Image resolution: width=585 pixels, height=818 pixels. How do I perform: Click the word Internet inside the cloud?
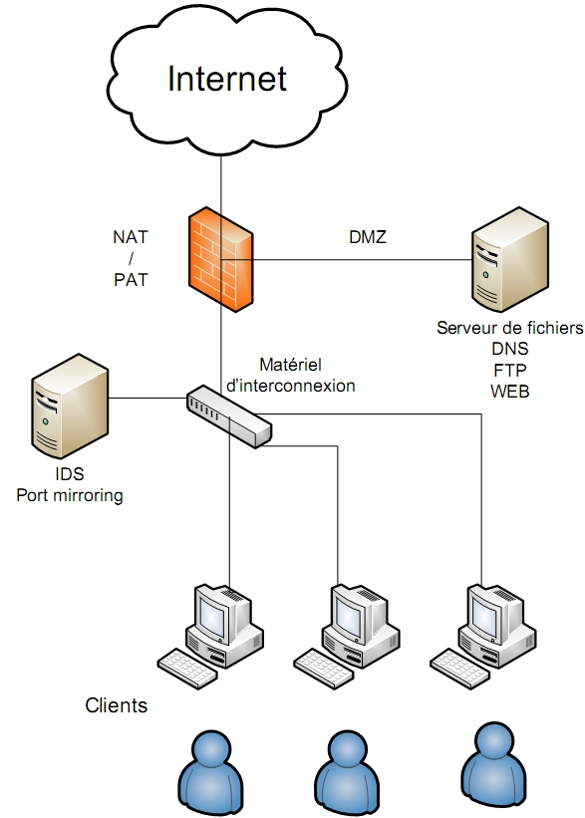point(227,79)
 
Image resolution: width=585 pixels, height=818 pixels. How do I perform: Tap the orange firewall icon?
point(221,259)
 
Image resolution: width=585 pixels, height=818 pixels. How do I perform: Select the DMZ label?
point(368,237)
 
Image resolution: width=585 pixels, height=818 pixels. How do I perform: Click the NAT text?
point(131,237)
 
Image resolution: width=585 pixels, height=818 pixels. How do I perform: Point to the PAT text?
point(131,280)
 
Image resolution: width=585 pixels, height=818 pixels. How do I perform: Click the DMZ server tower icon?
point(510,259)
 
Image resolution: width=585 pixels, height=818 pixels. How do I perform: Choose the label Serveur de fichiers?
point(510,328)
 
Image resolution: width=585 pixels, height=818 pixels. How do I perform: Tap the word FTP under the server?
point(510,370)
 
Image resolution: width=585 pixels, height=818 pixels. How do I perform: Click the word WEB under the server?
point(510,391)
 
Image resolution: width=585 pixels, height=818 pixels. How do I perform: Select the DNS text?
point(510,349)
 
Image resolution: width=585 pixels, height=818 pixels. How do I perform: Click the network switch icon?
point(229,416)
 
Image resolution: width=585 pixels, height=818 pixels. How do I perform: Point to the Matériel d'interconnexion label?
point(291,375)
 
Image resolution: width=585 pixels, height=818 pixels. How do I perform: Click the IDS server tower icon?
point(70,407)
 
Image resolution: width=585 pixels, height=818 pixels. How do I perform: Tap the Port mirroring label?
point(70,495)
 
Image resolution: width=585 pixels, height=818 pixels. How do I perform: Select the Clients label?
point(117,705)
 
